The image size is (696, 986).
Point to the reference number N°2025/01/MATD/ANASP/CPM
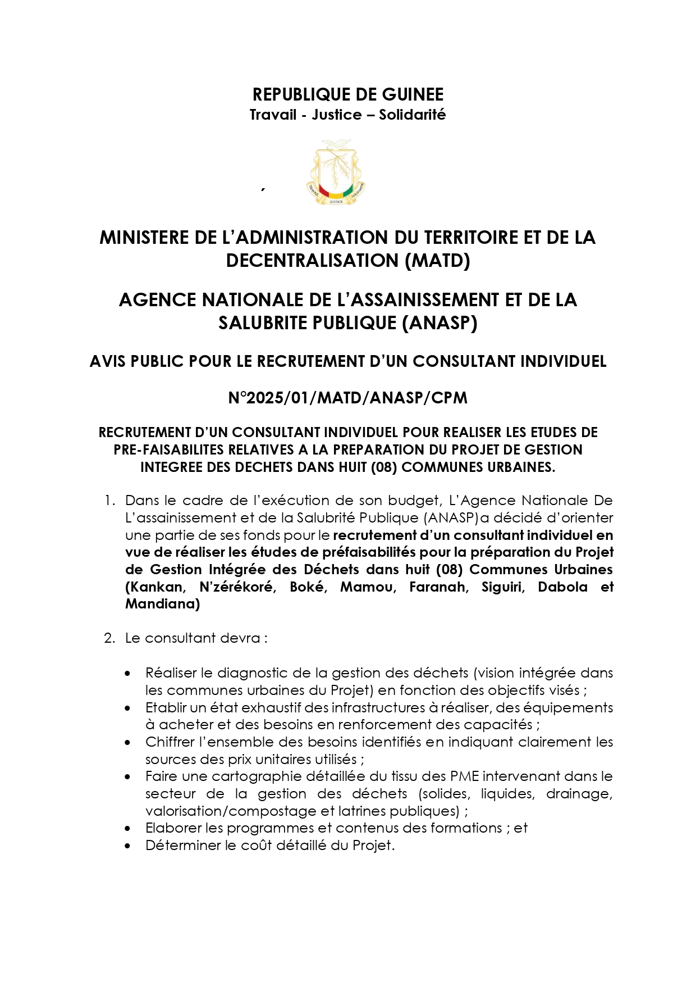pos(347,398)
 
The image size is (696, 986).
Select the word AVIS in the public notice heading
pos(108,361)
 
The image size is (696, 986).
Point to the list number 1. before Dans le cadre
pos(109,500)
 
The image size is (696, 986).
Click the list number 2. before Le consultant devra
pos(109,638)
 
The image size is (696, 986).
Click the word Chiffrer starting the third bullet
pos(168,742)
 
